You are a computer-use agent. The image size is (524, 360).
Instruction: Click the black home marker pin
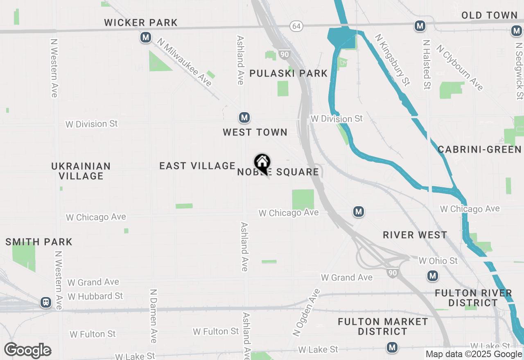click(262, 163)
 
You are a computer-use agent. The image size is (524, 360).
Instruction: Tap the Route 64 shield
click(296, 26)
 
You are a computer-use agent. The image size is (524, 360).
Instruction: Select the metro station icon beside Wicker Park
click(145, 38)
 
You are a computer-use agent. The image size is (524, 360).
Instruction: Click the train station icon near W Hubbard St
click(45, 302)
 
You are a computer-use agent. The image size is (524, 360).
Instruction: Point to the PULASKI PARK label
click(288, 74)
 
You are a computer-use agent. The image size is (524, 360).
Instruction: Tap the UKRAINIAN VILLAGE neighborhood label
click(81, 171)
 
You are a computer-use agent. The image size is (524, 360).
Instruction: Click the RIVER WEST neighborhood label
click(415, 235)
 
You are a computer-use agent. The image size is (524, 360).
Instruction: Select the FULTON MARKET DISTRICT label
click(383, 326)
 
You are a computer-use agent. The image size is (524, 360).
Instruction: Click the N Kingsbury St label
click(392, 60)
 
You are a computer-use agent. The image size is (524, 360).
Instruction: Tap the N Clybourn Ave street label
click(459, 67)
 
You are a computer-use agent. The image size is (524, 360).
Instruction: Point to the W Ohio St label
click(438, 261)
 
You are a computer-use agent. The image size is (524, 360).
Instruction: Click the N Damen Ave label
click(153, 316)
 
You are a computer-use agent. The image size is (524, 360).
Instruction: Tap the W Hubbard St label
click(95, 296)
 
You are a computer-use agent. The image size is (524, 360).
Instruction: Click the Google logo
click(27, 351)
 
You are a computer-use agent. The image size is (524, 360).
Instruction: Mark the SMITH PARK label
click(39, 242)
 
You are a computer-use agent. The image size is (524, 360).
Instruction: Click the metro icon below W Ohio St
click(433, 276)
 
